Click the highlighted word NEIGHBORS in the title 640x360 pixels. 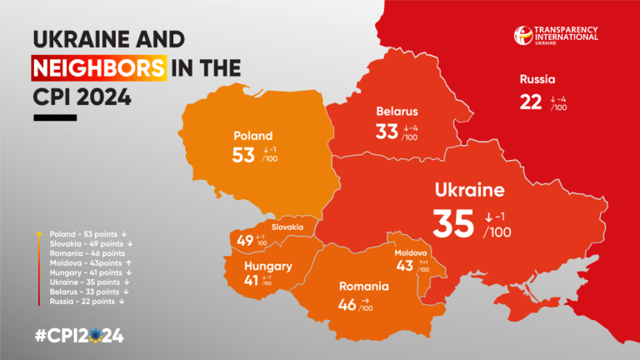(x=98, y=67)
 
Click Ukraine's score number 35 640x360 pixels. (x=453, y=223)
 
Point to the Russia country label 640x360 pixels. (x=537, y=81)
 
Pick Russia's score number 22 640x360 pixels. (x=531, y=102)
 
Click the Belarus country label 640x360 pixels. (x=397, y=111)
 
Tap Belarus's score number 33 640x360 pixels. (x=386, y=131)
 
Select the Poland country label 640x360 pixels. (x=253, y=136)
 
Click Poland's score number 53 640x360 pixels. (x=242, y=155)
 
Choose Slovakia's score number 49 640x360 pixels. (x=244, y=241)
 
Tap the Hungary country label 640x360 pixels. (x=268, y=267)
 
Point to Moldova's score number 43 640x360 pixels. (x=405, y=266)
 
